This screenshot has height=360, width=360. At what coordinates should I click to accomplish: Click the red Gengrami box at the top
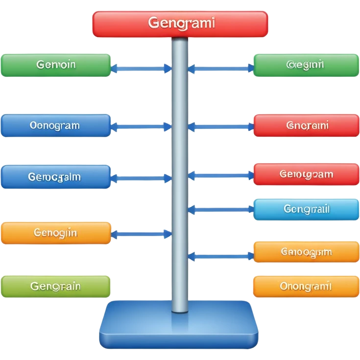click(x=180, y=24)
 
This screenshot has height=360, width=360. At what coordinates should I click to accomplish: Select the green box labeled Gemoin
click(x=56, y=65)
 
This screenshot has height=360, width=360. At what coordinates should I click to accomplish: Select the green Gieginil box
click(x=306, y=65)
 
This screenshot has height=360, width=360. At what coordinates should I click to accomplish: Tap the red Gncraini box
click(x=306, y=126)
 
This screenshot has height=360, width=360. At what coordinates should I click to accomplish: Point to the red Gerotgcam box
click(x=306, y=174)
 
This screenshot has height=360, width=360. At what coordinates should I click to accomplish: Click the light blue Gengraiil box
click(x=306, y=210)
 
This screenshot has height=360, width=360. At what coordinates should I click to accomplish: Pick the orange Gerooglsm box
click(x=306, y=252)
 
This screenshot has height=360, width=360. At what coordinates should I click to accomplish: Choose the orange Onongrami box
click(x=306, y=286)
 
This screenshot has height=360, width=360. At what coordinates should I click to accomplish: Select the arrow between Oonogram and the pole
click(x=141, y=126)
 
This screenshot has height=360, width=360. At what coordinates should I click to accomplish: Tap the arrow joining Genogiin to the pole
click(x=141, y=235)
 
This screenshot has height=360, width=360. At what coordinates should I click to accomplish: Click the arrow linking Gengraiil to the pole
click(x=220, y=210)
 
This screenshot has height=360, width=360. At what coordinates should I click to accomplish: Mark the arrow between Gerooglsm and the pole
click(x=220, y=255)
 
